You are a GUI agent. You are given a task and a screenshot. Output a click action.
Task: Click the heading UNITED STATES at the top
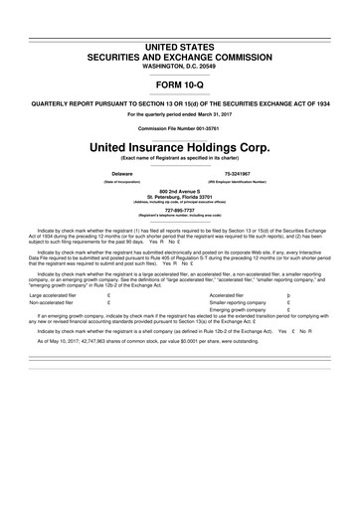point(180,48)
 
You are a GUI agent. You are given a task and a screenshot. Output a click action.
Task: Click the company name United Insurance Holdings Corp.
point(180,147)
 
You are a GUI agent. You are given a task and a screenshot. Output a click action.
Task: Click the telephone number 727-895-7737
point(180,209)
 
